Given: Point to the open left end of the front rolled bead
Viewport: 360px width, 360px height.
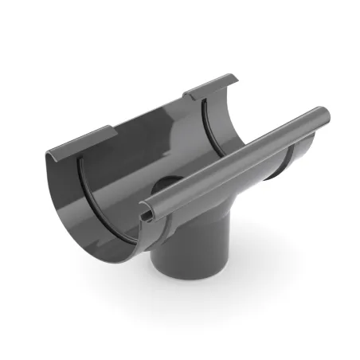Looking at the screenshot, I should [145, 213].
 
